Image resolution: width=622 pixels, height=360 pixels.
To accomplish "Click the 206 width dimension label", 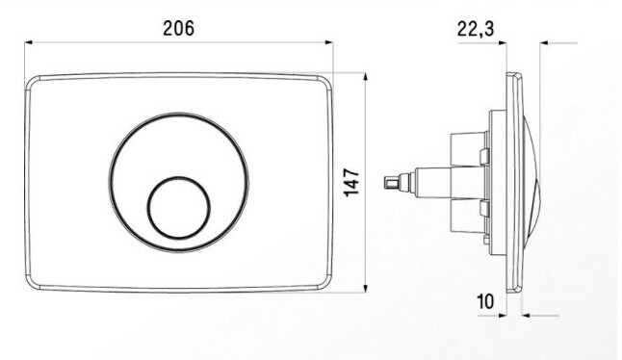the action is tap(178, 29).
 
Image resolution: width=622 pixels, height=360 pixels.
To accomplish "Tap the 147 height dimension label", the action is tap(351, 182).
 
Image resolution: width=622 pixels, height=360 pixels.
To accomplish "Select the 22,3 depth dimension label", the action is tap(476, 29).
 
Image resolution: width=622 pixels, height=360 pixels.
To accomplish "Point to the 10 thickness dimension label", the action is tap(485, 301).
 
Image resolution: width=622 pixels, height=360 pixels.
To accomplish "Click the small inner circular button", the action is tap(179, 207).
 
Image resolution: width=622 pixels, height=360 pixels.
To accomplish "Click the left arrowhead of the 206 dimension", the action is tap(28, 42).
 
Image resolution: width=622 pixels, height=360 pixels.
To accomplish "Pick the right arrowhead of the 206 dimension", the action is tap(329, 42).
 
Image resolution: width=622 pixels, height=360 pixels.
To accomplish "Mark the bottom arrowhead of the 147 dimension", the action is tap(365, 288).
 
